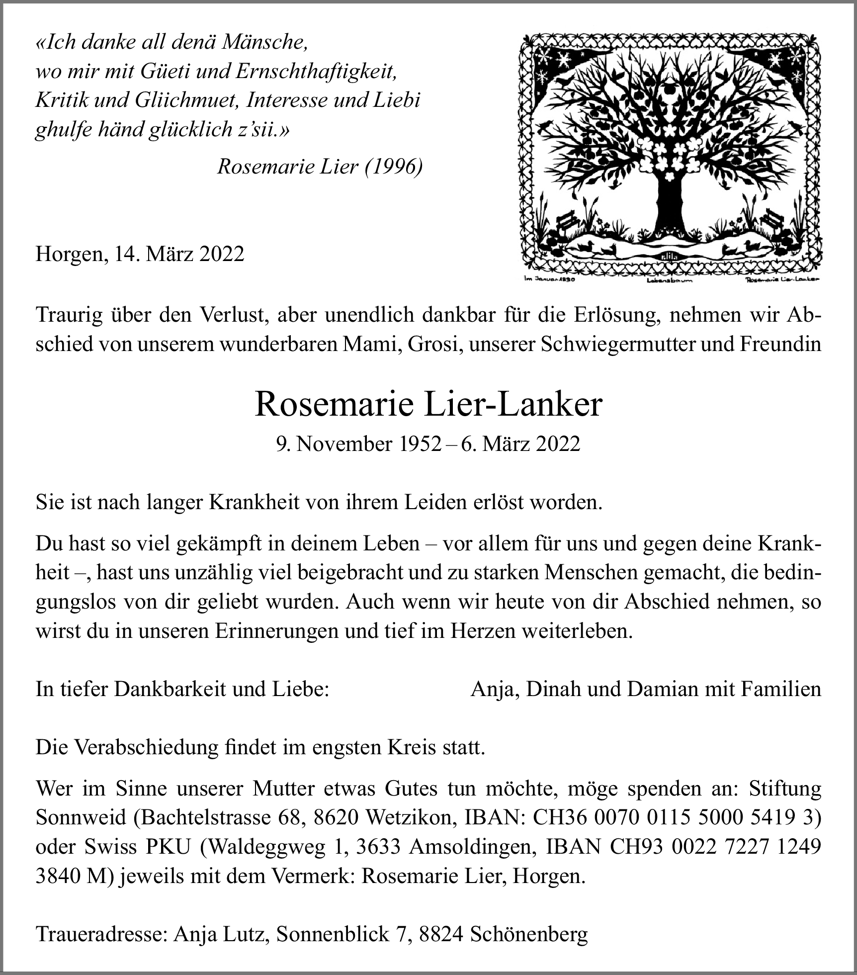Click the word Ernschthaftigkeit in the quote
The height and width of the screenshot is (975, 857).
(x=316, y=72)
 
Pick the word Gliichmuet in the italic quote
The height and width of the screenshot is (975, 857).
(x=186, y=100)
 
